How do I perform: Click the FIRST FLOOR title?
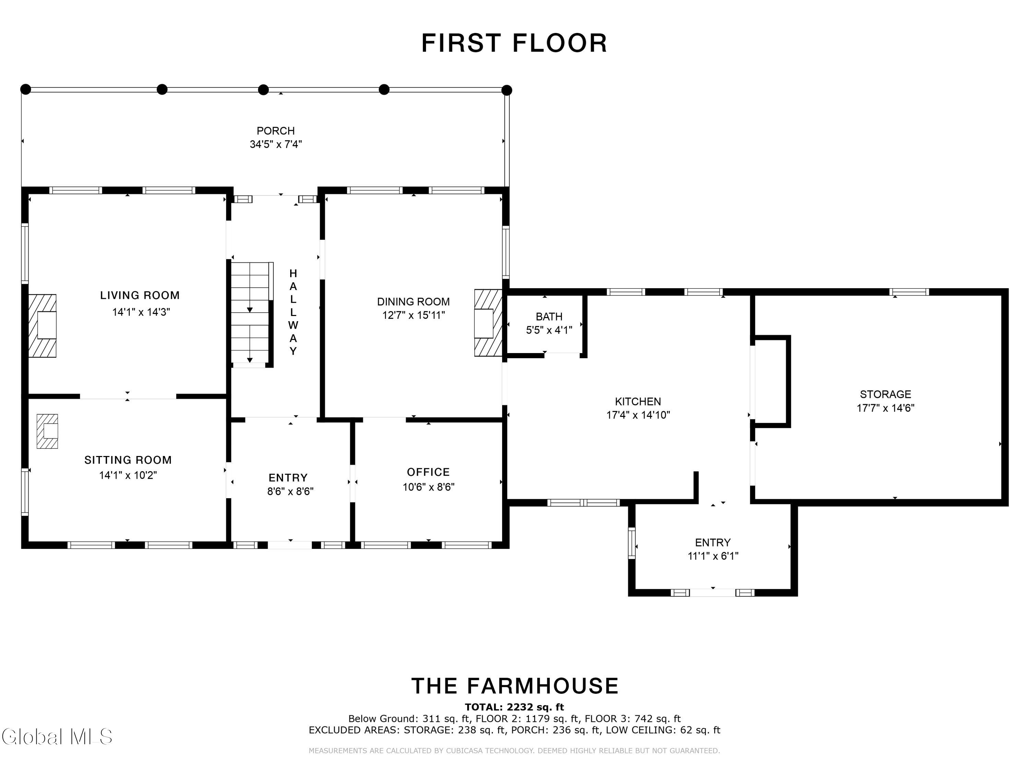[x=514, y=43]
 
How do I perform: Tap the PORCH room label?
[x=276, y=131]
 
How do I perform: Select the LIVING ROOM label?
[x=140, y=295]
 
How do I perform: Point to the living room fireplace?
[x=42, y=326]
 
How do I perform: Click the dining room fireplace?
[x=488, y=323]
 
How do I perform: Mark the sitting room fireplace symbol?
[x=47, y=431]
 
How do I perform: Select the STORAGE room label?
[x=885, y=395]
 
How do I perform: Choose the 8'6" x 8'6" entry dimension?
[x=290, y=491]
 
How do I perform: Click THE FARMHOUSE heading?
[x=515, y=686]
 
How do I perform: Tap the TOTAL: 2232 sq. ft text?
[x=514, y=707]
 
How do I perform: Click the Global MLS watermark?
[x=57, y=737]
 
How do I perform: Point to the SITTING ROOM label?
[x=128, y=460]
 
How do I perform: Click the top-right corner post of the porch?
[x=507, y=90]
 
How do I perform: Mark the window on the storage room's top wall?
[x=909, y=292]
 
